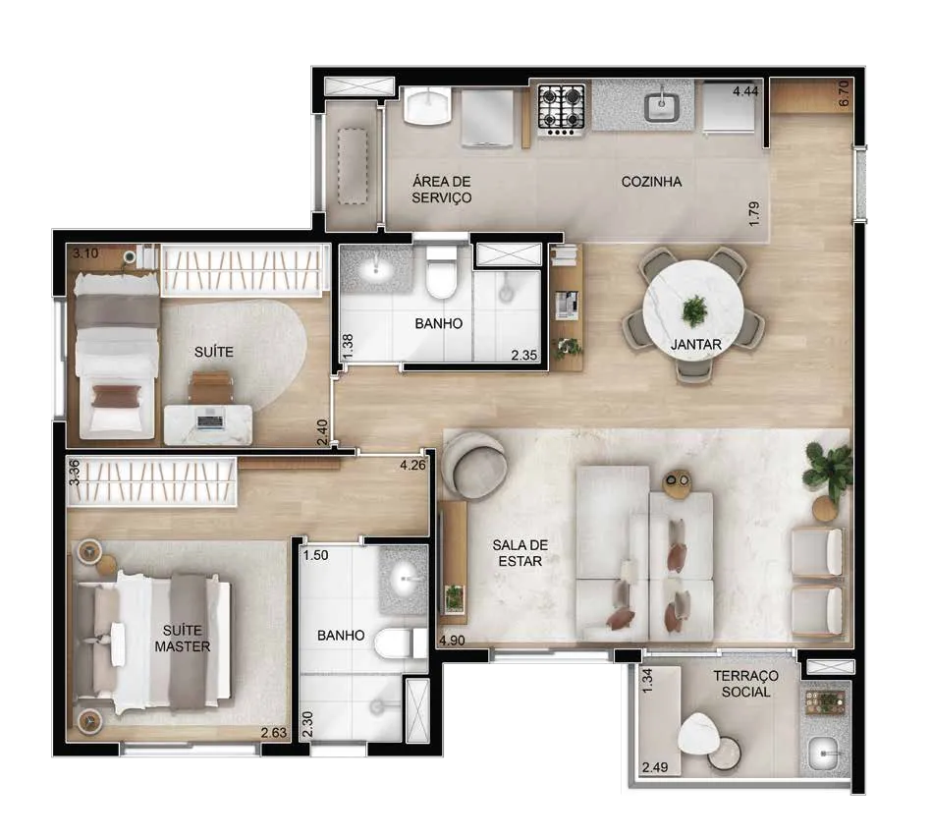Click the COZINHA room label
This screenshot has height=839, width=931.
pos(651,182)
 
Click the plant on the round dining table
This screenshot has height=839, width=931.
pos(694,310)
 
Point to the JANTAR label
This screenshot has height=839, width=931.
pos(696,345)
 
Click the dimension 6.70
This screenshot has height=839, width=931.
pos(844,93)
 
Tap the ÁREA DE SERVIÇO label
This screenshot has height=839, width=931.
pos(442,190)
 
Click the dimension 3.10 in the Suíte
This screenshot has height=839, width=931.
pos(85,253)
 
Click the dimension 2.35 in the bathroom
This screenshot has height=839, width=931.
pos(524,355)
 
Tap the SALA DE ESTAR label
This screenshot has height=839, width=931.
pos(520,553)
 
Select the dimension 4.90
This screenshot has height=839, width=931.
pos(453,641)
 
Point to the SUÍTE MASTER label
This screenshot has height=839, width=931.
pos(183,639)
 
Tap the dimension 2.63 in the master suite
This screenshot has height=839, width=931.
pos(274,733)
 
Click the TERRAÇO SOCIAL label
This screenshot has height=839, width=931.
pos(745,684)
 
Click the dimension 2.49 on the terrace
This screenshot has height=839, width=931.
pos(655,767)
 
